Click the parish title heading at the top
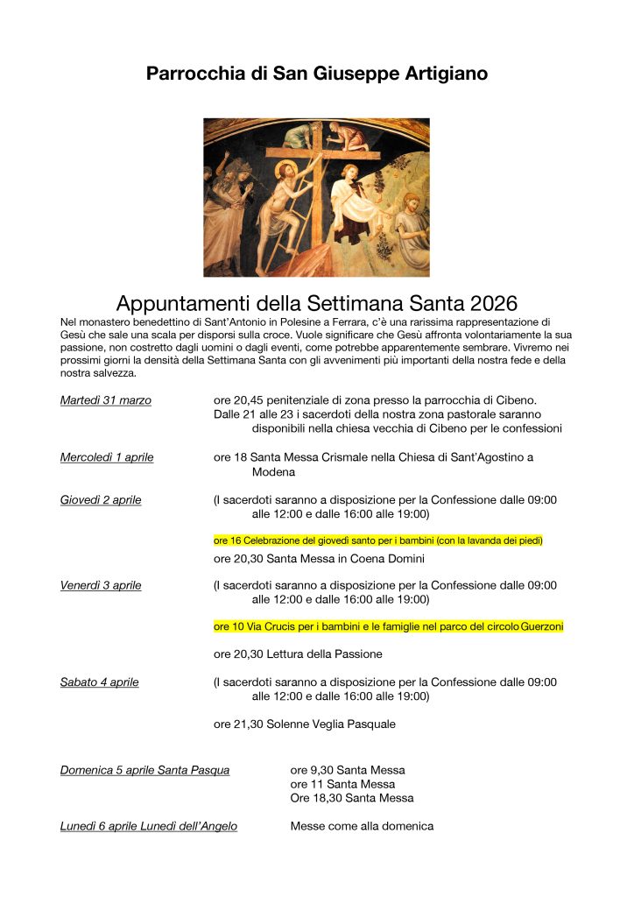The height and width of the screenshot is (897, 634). [317, 74]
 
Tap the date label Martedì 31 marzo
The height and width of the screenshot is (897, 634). [105, 400]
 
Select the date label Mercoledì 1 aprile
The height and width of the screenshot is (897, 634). [107, 457]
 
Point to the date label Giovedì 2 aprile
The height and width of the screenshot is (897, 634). [101, 500]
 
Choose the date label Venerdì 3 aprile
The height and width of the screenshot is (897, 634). [101, 585]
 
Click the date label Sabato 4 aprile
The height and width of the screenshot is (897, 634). [99, 682]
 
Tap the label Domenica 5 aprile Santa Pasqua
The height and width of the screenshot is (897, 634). [144, 771]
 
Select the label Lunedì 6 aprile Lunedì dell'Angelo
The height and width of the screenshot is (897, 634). [148, 826]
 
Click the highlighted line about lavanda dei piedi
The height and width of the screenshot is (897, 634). [378, 541]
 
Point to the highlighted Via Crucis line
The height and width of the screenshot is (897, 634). [389, 626]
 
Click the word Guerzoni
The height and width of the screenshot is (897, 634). [542, 626]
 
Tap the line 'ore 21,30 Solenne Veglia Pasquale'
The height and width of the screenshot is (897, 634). [305, 724]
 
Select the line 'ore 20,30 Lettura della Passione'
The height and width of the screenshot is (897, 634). [298, 653]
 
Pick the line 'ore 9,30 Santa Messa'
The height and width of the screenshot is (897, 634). [348, 771]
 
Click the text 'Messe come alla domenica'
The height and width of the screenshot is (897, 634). [362, 826]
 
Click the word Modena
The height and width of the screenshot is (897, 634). [273, 471]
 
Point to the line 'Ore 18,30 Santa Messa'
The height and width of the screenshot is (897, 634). [352, 798]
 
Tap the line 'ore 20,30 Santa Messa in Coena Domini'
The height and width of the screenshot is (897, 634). [319, 559]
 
